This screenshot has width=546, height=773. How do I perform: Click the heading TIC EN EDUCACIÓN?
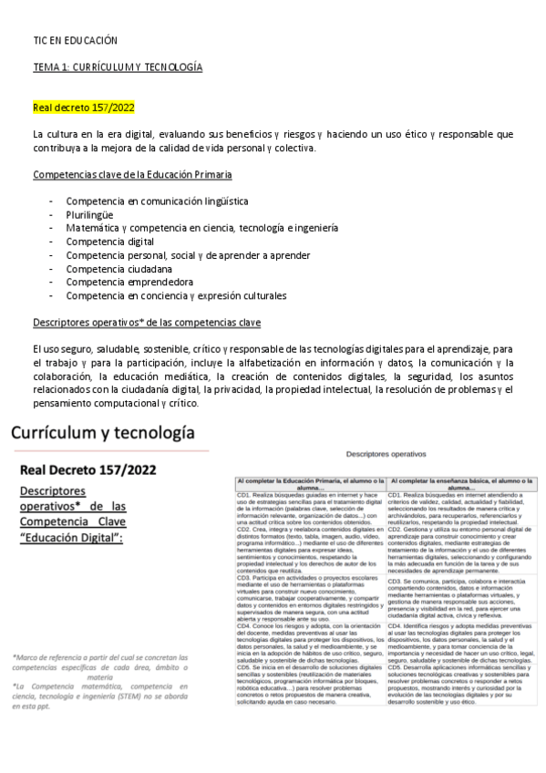75,41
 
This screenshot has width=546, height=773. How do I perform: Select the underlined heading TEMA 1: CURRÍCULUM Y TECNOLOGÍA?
118,67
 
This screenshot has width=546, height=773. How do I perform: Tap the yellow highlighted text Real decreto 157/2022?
84,108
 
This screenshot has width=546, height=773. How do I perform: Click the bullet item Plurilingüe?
90,213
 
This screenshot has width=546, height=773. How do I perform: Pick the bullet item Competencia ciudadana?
117,268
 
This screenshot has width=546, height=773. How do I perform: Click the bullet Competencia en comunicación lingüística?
157,200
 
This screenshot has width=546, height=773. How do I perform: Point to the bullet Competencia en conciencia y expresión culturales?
176,295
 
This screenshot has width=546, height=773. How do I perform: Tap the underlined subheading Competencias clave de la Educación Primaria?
132,173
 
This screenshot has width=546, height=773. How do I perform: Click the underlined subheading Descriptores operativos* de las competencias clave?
146,323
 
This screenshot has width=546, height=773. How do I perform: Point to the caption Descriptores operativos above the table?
386,453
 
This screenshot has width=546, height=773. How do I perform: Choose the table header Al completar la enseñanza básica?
462,483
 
